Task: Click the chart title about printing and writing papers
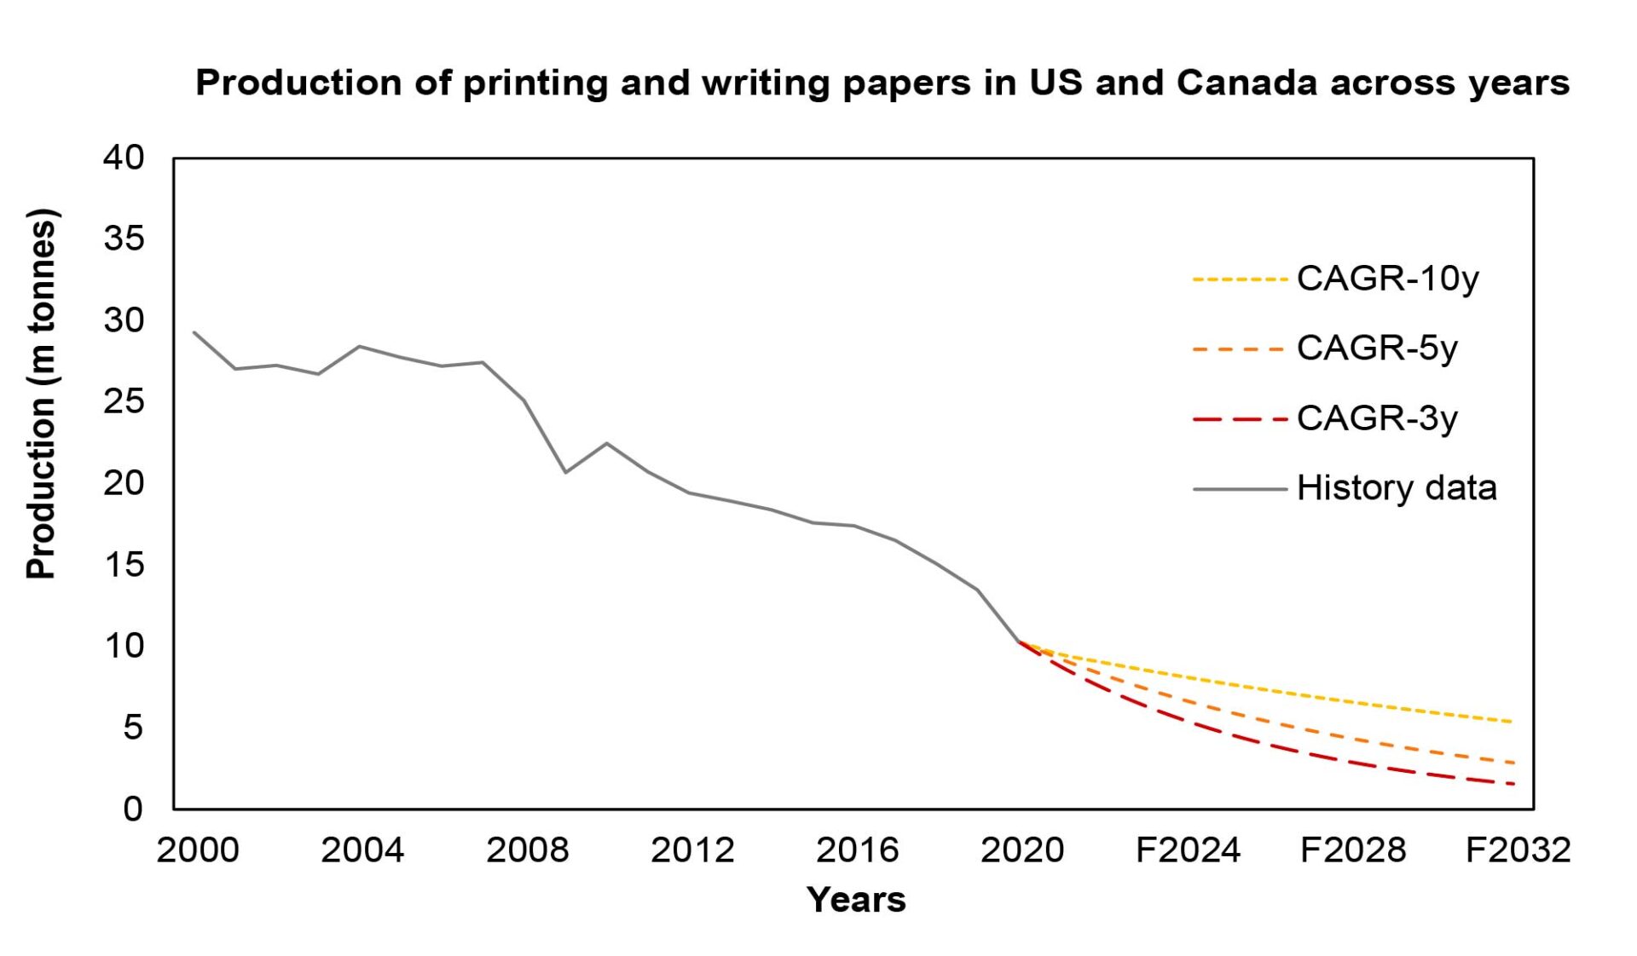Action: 882,83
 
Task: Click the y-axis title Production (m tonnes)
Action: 41,394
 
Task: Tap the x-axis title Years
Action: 855,900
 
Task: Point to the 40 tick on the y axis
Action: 124,158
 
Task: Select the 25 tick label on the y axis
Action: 124,401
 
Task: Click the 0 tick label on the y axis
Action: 132,809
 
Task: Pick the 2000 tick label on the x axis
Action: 197,850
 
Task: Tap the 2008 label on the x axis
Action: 527,850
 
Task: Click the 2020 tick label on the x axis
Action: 1021,850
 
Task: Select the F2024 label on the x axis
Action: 1187,850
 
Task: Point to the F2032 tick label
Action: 1517,850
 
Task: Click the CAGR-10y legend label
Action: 1387,279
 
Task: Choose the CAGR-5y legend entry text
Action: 1377,348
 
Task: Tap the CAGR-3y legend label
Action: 1377,418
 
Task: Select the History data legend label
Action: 1396,488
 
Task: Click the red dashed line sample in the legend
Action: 1239,419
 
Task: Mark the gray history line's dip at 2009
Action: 565,472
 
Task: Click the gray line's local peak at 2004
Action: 359,346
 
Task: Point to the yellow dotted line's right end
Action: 1512,722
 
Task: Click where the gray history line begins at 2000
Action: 194,332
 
